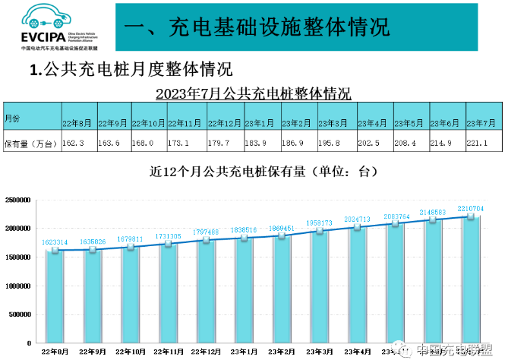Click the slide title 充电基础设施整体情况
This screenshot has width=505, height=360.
(257, 27)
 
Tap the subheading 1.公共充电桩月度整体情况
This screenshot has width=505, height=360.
(130, 71)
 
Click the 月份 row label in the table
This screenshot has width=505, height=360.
(13, 119)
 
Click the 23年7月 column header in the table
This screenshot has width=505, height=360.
(481, 122)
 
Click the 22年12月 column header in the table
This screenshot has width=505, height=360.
(224, 122)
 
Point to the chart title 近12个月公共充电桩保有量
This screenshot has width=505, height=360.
(262, 172)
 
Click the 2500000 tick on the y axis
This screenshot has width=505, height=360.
(17, 200)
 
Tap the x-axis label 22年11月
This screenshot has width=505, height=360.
(168, 352)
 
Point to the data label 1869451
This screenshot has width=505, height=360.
(282, 229)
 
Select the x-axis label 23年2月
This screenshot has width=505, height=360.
(282, 352)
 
